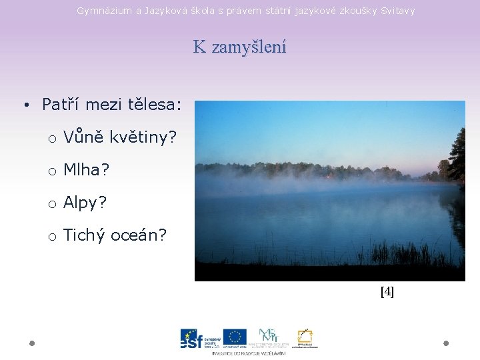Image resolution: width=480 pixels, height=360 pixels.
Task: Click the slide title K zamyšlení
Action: coord(239,47)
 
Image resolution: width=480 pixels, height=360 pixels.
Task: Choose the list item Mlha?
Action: coord(86,170)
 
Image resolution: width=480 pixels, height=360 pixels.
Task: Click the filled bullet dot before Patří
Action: coord(25,105)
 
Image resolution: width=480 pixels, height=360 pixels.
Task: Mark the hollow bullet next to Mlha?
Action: coord(51,171)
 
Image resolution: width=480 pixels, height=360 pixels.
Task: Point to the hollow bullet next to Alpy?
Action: coord(51,204)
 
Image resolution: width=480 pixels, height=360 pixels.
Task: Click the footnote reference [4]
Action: coord(387,291)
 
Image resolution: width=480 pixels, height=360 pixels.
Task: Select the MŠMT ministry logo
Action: coord(270,337)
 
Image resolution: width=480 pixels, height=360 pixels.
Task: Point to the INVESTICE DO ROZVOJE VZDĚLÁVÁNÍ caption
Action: coord(249,353)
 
